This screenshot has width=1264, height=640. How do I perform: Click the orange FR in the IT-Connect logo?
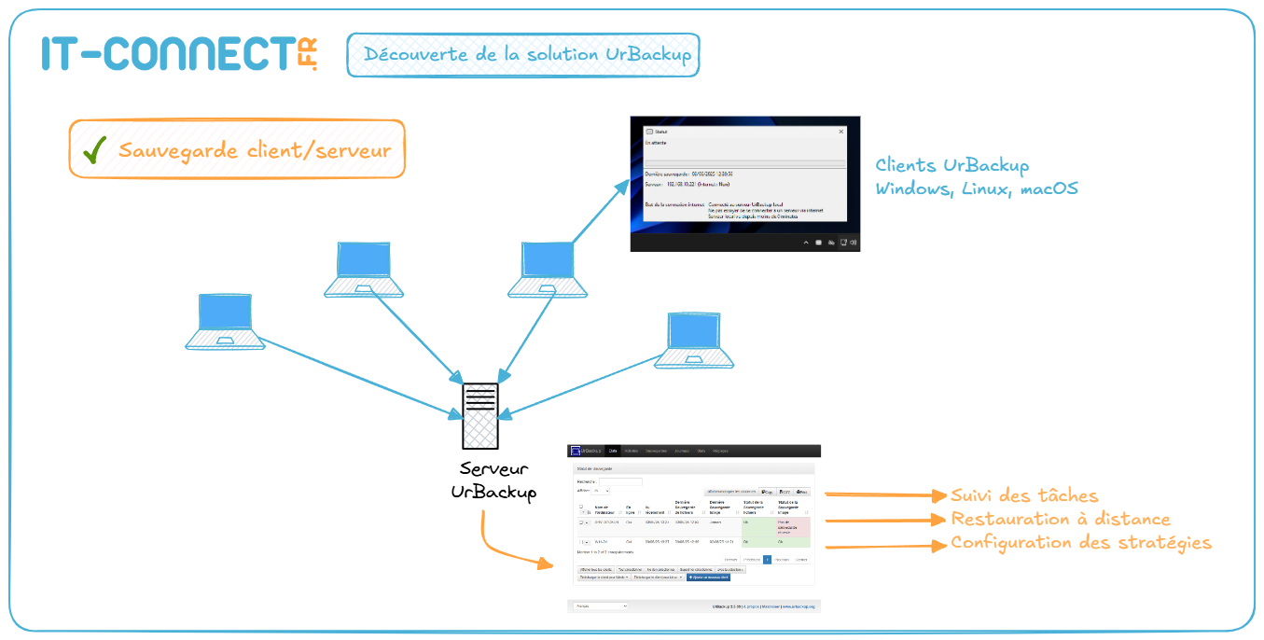308,54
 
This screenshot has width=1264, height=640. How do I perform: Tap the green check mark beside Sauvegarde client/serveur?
93,151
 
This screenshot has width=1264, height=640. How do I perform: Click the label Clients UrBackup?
951,166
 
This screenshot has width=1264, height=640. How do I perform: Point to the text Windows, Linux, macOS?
976,188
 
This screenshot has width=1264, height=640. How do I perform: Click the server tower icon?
480,416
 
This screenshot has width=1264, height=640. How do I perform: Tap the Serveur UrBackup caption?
493,480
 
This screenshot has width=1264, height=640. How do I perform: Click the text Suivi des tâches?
1024,496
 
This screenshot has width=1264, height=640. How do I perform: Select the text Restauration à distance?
1060,520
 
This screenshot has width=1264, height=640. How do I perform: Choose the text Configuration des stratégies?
1080,543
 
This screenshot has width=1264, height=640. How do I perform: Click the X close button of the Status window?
840,132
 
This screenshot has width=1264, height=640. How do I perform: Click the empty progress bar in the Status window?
744,164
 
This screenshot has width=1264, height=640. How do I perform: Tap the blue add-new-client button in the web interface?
708,577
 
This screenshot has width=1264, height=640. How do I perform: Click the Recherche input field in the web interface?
619,481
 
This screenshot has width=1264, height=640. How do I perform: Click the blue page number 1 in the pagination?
767,560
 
